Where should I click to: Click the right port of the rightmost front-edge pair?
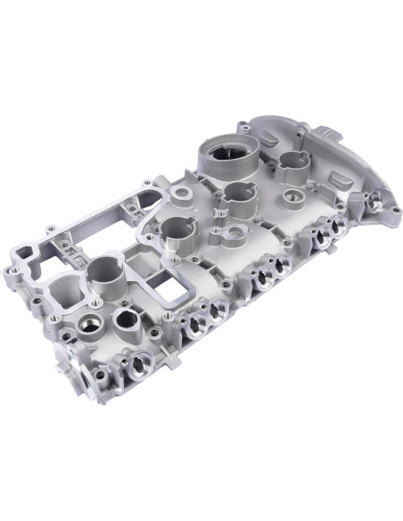(329, 238)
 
